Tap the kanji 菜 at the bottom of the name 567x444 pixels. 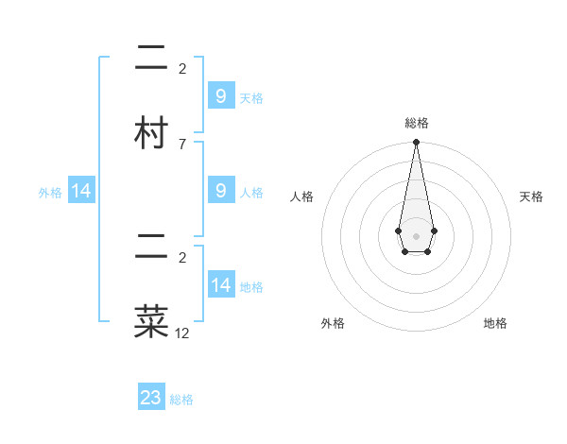click(x=152, y=321)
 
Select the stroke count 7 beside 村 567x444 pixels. click(x=181, y=144)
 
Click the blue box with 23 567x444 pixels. click(x=151, y=398)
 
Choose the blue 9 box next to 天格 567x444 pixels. click(x=220, y=95)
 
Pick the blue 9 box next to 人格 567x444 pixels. click(x=220, y=191)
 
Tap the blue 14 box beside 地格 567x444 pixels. click(x=220, y=285)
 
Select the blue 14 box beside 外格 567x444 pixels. click(x=81, y=191)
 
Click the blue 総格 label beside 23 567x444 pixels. click(x=181, y=400)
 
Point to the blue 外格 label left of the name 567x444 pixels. click(x=50, y=192)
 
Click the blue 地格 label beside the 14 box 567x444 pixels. click(x=251, y=287)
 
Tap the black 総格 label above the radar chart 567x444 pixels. click(x=416, y=123)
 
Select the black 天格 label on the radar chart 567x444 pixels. click(x=531, y=196)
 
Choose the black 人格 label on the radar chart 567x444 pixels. click(x=301, y=196)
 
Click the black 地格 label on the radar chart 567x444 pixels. click(x=495, y=323)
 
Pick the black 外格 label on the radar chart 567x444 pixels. click(x=333, y=323)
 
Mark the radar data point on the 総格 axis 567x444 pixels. click(x=416, y=143)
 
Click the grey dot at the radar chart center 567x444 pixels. click(x=416, y=235)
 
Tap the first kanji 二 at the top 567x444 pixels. click(x=152, y=58)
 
